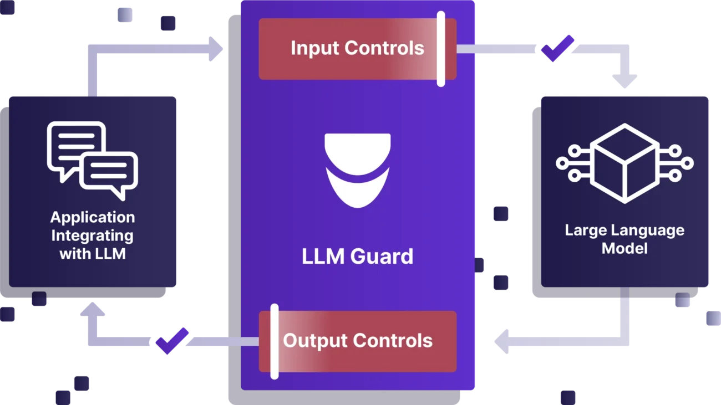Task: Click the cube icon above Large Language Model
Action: tap(624, 163)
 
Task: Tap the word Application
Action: tap(92, 217)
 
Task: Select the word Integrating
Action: tap(92, 235)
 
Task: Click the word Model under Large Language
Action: tap(624, 248)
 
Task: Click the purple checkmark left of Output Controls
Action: tap(172, 340)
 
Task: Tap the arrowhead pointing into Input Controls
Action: tap(218, 49)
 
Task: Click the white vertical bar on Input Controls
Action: tap(441, 49)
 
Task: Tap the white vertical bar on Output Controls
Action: tap(274, 341)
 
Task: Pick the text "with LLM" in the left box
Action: tap(92, 254)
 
